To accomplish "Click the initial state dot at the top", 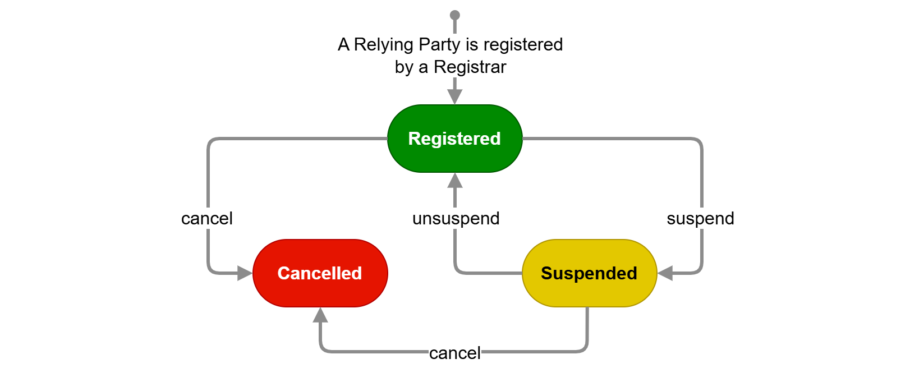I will pyautogui.click(x=455, y=15).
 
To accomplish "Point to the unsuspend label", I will pyautogui.click(x=456, y=218).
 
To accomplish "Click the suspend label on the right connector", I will pyautogui.click(x=700, y=218).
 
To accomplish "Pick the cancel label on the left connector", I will pyautogui.click(x=206, y=218).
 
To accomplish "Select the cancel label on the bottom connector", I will pyautogui.click(x=454, y=353).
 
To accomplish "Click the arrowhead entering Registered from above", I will pyautogui.click(x=455, y=96).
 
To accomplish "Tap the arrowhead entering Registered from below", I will pyautogui.click(x=455, y=181).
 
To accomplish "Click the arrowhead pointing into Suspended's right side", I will pyautogui.click(x=665, y=273).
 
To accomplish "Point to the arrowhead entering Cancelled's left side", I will pyautogui.click(x=245, y=273).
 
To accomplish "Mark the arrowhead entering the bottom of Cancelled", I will pyautogui.click(x=320, y=315).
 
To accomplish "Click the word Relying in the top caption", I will pyautogui.click(x=384, y=44).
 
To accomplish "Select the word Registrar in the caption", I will pyautogui.click(x=470, y=67).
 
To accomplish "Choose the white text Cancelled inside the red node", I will pyautogui.click(x=320, y=273).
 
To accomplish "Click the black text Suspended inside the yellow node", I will pyautogui.click(x=589, y=273).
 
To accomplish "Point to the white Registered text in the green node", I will pyautogui.click(x=454, y=139).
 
